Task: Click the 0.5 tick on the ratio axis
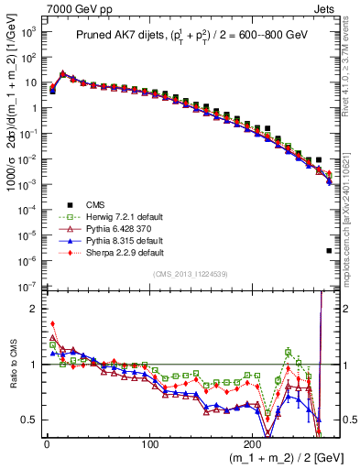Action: pyautogui.click(x=29, y=420)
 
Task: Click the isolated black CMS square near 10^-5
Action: pyautogui.click(x=329, y=250)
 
